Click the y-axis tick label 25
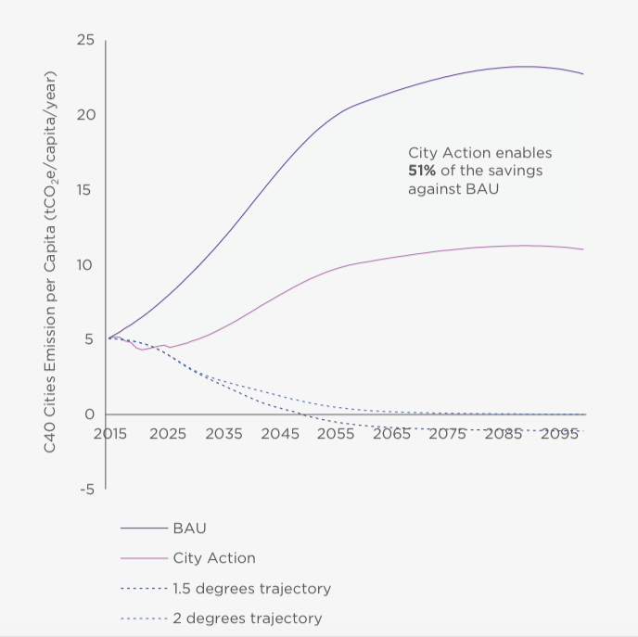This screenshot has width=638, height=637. click(85, 41)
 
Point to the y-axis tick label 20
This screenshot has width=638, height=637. click(85, 115)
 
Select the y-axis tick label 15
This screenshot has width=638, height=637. click(86, 190)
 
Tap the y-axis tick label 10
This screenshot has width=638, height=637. click(85, 265)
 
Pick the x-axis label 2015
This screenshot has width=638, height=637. click(110, 434)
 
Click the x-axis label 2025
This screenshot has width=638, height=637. click(167, 434)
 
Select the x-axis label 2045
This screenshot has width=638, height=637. click(280, 434)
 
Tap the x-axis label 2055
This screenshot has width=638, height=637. click(336, 434)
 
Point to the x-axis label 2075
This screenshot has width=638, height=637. click(449, 434)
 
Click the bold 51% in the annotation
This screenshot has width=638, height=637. click(424, 171)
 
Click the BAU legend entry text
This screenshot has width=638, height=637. click(189, 528)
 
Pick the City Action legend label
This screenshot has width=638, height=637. click(213, 558)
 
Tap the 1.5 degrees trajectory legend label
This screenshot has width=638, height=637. click(251, 589)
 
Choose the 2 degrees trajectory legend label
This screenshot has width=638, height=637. click(247, 618)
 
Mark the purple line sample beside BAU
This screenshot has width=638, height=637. click(142, 529)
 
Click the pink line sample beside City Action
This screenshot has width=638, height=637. click(142, 558)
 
